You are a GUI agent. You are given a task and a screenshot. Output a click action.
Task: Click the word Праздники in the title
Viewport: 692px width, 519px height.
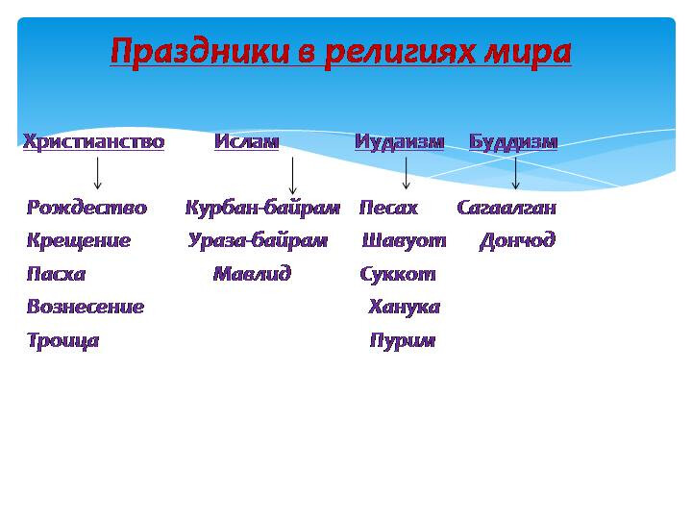[x=200, y=52]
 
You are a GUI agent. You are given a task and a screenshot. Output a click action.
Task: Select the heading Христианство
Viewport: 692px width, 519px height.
[x=93, y=141]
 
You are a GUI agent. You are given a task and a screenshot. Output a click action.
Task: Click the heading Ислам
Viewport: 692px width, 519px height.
[x=246, y=141]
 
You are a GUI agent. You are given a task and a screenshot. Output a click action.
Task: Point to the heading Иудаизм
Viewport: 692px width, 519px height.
[x=400, y=142]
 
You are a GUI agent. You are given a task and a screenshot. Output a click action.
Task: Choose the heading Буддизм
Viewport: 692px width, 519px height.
[x=513, y=142]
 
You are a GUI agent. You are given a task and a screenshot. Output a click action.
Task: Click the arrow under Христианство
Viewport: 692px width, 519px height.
[x=97, y=173]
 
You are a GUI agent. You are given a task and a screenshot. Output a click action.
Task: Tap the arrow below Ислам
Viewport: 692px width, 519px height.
[x=292, y=176]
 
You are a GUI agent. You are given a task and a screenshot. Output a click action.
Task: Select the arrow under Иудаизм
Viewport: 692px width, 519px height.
[x=406, y=173]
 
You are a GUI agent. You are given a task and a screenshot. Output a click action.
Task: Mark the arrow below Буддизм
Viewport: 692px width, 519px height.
[x=515, y=173]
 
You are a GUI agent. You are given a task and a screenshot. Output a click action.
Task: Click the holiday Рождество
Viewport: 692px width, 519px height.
[x=86, y=208]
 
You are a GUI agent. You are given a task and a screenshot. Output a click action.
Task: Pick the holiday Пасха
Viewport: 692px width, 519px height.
[x=56, y=274]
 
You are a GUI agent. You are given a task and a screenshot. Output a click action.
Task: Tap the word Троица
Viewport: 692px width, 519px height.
[x=63, y=340]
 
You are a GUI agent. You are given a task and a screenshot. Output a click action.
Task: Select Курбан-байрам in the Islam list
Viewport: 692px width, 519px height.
[x=262, y=208]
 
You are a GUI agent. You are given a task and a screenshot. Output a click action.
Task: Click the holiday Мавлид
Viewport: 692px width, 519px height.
[x=252, y=274]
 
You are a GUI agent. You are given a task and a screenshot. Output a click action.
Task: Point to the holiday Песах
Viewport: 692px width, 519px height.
[x=388, y=208]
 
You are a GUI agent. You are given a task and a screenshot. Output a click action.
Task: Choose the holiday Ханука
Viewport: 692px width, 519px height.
[x=405, y=308]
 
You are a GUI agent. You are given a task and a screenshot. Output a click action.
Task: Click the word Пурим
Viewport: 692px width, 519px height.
[x=403, y=340]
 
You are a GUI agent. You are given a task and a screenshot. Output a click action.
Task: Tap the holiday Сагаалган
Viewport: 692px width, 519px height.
[x=507, y=208]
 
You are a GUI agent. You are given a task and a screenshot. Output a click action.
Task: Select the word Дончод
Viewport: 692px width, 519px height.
[x=517, y=241]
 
